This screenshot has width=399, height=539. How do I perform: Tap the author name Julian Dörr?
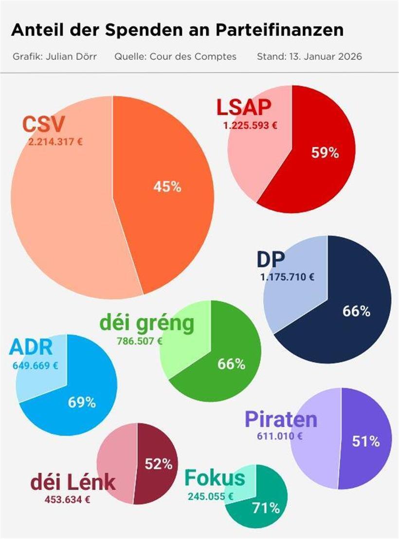(71, 57)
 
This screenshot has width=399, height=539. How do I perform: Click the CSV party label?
(43, 124)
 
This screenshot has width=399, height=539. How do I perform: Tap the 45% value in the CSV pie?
(167, 187)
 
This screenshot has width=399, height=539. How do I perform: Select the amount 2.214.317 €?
(55, 142)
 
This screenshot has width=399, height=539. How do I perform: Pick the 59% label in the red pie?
(325, 153)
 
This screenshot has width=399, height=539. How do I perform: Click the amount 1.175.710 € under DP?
(287, 277)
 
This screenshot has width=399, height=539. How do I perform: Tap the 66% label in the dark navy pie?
(356, 311)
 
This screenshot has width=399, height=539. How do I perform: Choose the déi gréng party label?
(146, 323)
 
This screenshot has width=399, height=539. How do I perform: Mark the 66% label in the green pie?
(231, 364)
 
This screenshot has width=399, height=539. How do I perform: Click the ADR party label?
(31, 347)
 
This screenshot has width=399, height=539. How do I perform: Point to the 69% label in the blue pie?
(82, 403)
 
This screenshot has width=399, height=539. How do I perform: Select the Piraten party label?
(281, 419)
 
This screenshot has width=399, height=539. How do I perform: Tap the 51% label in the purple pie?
(365, 441)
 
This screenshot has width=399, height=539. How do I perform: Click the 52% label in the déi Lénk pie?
(159, 464)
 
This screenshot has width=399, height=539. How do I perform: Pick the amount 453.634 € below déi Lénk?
(67, 499)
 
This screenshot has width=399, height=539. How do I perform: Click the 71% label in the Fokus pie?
(266, 508)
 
